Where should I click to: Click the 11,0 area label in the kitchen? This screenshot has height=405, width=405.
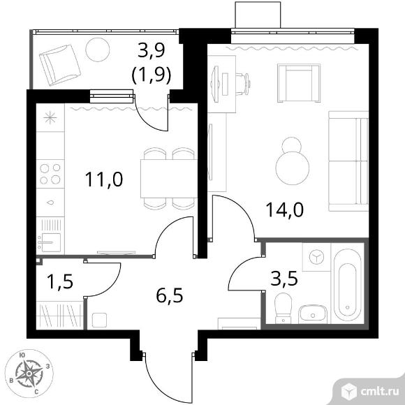[104, 179]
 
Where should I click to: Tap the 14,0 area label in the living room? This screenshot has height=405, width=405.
[284, 209]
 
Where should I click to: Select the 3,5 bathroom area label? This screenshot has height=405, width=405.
[284, 278]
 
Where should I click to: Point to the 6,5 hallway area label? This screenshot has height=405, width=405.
[170, 295]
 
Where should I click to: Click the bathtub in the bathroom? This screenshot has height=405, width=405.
[347, 285]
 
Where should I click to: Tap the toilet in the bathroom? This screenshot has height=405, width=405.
[283, 308]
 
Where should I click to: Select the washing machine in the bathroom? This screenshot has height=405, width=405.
[316, 257]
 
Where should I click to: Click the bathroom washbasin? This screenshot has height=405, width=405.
[313, 314]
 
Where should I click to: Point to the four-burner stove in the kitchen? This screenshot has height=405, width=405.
[50, 174]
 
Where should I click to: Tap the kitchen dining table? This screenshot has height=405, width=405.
[169, 179]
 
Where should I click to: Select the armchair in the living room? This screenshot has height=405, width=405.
[299, 83]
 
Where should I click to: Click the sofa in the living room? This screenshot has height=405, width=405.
[348, 161]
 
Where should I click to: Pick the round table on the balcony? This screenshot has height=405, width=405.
[98, 50]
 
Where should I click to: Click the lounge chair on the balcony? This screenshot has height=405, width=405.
[59, 65]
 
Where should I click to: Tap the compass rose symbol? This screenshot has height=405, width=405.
[29, 374]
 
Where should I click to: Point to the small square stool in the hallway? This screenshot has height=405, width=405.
[99, 321]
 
